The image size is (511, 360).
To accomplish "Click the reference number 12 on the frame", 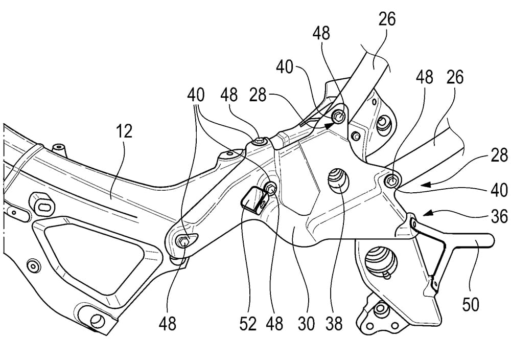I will tap(124, 132).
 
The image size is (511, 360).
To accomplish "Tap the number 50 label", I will tap(471, 305).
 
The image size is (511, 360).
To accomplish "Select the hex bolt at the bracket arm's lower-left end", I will tap(183, 240).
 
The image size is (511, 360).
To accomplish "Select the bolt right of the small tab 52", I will tap(271, 189).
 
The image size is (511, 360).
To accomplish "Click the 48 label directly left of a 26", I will tap(424, 78).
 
